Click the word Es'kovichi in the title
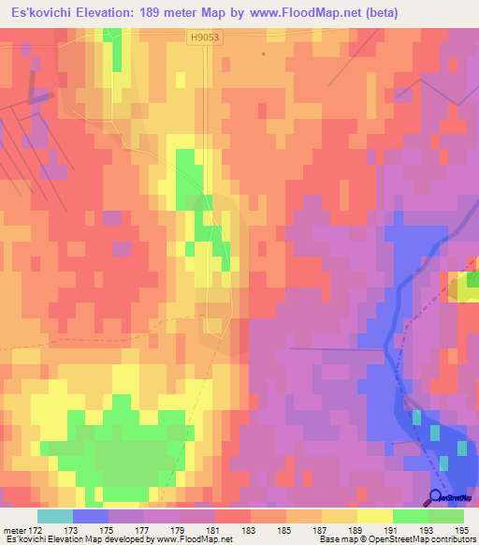(38, 13)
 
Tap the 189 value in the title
(160, 13)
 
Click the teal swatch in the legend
(54, 516)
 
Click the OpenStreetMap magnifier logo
(436, 497)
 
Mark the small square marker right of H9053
(264, 53)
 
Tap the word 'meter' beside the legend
(14, 531)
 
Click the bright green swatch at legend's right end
(445, 516)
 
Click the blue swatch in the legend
(90, 516)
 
